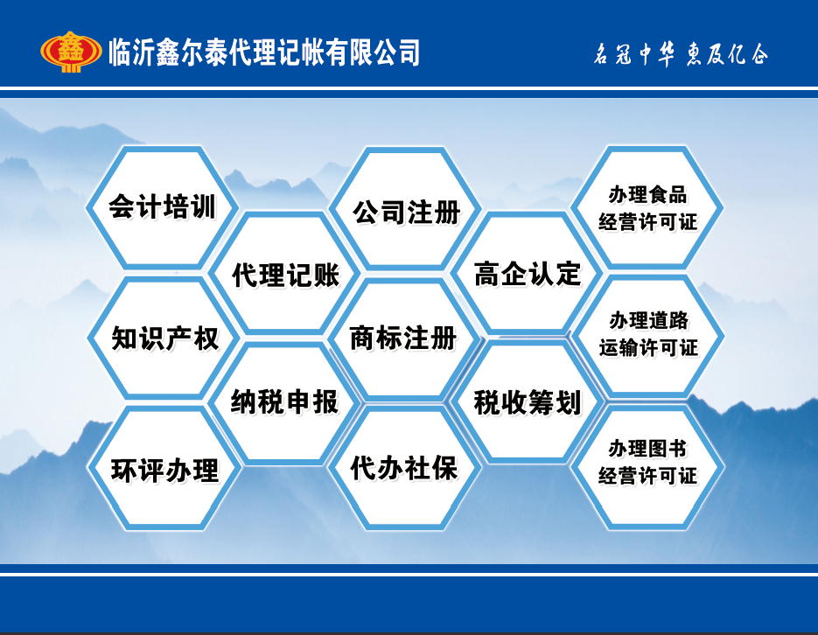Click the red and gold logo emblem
tap(71, 52)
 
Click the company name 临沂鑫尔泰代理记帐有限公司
tap(264, 52)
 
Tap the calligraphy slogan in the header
tap(681, 54)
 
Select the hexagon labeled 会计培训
tap(162, 207)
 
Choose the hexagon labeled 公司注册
tap(405, 208)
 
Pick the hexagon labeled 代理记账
tap(285, 273)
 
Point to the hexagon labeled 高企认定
tap(528, 273)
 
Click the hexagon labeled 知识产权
tap(164, 338)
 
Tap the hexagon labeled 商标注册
tap(404, 338)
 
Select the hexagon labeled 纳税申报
tap(285, 402)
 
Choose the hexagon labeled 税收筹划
tap(528, 402)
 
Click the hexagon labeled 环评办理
tap(164, 468)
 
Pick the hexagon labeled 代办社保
tap(404, 468)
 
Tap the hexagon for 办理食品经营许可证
tap(647, 207)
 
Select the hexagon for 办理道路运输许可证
tap(648, 336)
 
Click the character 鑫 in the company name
tap(168, 52)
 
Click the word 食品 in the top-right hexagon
tap(668, 195)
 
